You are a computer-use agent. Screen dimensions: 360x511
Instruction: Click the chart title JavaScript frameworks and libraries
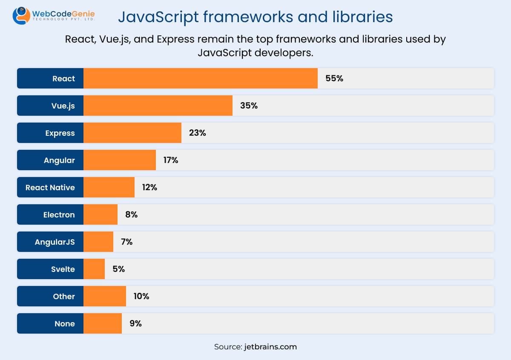click(x=255, y=17)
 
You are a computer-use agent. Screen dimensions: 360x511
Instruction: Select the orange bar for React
click(x=200, y=78)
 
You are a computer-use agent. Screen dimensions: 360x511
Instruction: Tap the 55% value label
click(x=334, y=78)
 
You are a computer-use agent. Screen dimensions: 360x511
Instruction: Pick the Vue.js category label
click(x=63, y=106)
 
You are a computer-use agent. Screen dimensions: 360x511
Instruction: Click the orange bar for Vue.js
click(x=158, y=106)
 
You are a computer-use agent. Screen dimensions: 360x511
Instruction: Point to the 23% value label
click(x=198, y=133)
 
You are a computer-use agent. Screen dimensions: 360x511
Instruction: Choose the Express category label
click(x=60, y=133)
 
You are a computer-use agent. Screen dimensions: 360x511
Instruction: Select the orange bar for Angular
click(x=119, y=160)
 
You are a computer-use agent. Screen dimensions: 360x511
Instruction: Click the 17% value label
click(x=171, y=160)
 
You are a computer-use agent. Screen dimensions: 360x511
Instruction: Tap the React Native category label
click(x=50, y=187)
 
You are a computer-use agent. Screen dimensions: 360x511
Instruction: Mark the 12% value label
click(x=149, y=187)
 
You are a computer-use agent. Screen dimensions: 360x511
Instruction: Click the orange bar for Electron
click(x=100, y=214)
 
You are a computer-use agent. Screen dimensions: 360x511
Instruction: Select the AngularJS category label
click(x=55, y=242)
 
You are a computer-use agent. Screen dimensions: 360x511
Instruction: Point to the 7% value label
click(x=127, y=242)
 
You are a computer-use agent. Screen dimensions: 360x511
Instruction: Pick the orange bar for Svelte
click(x=94, y=269)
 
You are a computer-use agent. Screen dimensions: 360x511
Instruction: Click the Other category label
click(x=64, y=296)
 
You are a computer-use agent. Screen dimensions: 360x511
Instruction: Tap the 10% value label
click(x=141, y=296)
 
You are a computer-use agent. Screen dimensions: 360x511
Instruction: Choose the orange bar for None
click(x=102, y=323)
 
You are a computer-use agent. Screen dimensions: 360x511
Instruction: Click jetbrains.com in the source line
click(x=270, y=347)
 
